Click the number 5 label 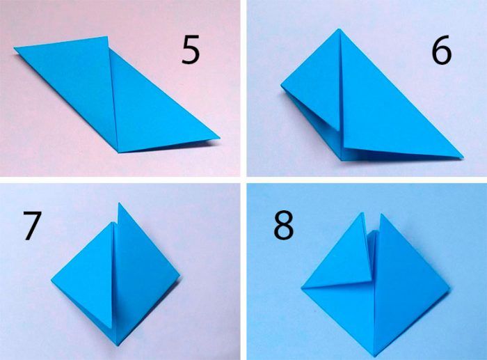coord(191,50)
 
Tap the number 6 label coord(442,50)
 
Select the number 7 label coord(32,226)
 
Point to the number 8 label coord(283,226)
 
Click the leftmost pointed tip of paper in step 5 coord(15,48)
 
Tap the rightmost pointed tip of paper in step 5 coord(220,137)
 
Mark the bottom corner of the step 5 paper coord(118,152)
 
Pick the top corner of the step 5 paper coord(107,36)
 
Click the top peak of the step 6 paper coord(340,29)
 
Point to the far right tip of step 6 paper coord(463,157)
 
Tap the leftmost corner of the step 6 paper coord(281,85)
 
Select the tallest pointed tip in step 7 coord(119,203)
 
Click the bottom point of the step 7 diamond coord(118,345)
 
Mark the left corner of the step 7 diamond coord(51,281)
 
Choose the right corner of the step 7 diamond coord(179,276)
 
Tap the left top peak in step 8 coord(362,212)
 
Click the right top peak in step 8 coord(382,214)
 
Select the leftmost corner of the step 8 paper coord(301,288)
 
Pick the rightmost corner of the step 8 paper coord(449,288)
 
